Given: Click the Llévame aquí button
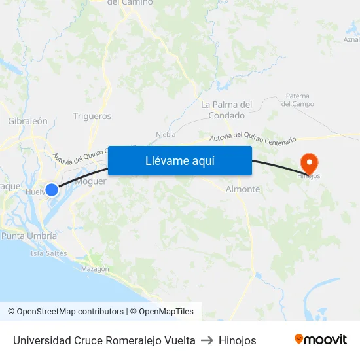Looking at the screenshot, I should click(180, 160).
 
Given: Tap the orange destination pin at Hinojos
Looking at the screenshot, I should click(308, 162).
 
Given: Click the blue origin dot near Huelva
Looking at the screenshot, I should click(52, 189).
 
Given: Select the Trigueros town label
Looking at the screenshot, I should click(92, 117).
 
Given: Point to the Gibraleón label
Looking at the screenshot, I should click(27, 121).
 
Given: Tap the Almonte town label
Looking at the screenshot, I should click(242, 189).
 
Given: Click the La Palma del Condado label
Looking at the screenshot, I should click(226, 110).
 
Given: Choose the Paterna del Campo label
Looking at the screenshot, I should click(297, 100).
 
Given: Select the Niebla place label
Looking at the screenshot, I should click(166, 135).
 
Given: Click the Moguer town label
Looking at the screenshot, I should click(90, 181).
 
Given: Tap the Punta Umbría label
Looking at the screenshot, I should click(29, 236).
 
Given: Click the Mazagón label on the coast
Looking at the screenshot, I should click(95, 269).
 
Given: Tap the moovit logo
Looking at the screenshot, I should click(321, 340).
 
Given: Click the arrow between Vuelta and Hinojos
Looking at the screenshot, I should click(207, 340).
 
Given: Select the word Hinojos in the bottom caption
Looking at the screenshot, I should click(238, 340).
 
